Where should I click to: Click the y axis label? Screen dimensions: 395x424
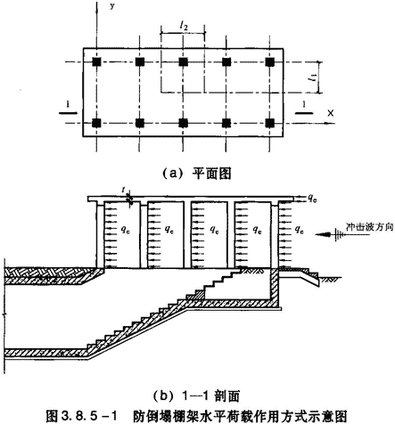point(111,5)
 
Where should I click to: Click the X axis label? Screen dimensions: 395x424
point(330,113)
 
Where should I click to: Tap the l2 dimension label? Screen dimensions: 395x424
point(184,27)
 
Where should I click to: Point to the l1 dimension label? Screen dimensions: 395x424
point(313,78)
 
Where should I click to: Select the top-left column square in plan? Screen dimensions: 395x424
point(96,62)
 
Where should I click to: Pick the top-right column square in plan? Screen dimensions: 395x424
point(270,62)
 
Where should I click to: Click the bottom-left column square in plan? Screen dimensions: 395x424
point(96,123)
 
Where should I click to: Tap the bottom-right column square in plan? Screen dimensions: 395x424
point(270,123)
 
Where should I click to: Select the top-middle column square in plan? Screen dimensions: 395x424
point(183,62)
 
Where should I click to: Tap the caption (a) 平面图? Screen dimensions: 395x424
point(196,173)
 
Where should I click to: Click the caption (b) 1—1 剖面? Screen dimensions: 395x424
point(196,396)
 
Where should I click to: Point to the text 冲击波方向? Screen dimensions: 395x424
point(369,227)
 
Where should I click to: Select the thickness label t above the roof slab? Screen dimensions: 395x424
point(124,190)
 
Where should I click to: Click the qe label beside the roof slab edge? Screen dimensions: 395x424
point(312,198)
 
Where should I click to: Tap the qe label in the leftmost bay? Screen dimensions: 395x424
point(125,229)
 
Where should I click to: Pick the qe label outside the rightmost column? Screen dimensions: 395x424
point(299,229)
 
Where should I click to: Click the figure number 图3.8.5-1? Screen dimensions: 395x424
point(82,415)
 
